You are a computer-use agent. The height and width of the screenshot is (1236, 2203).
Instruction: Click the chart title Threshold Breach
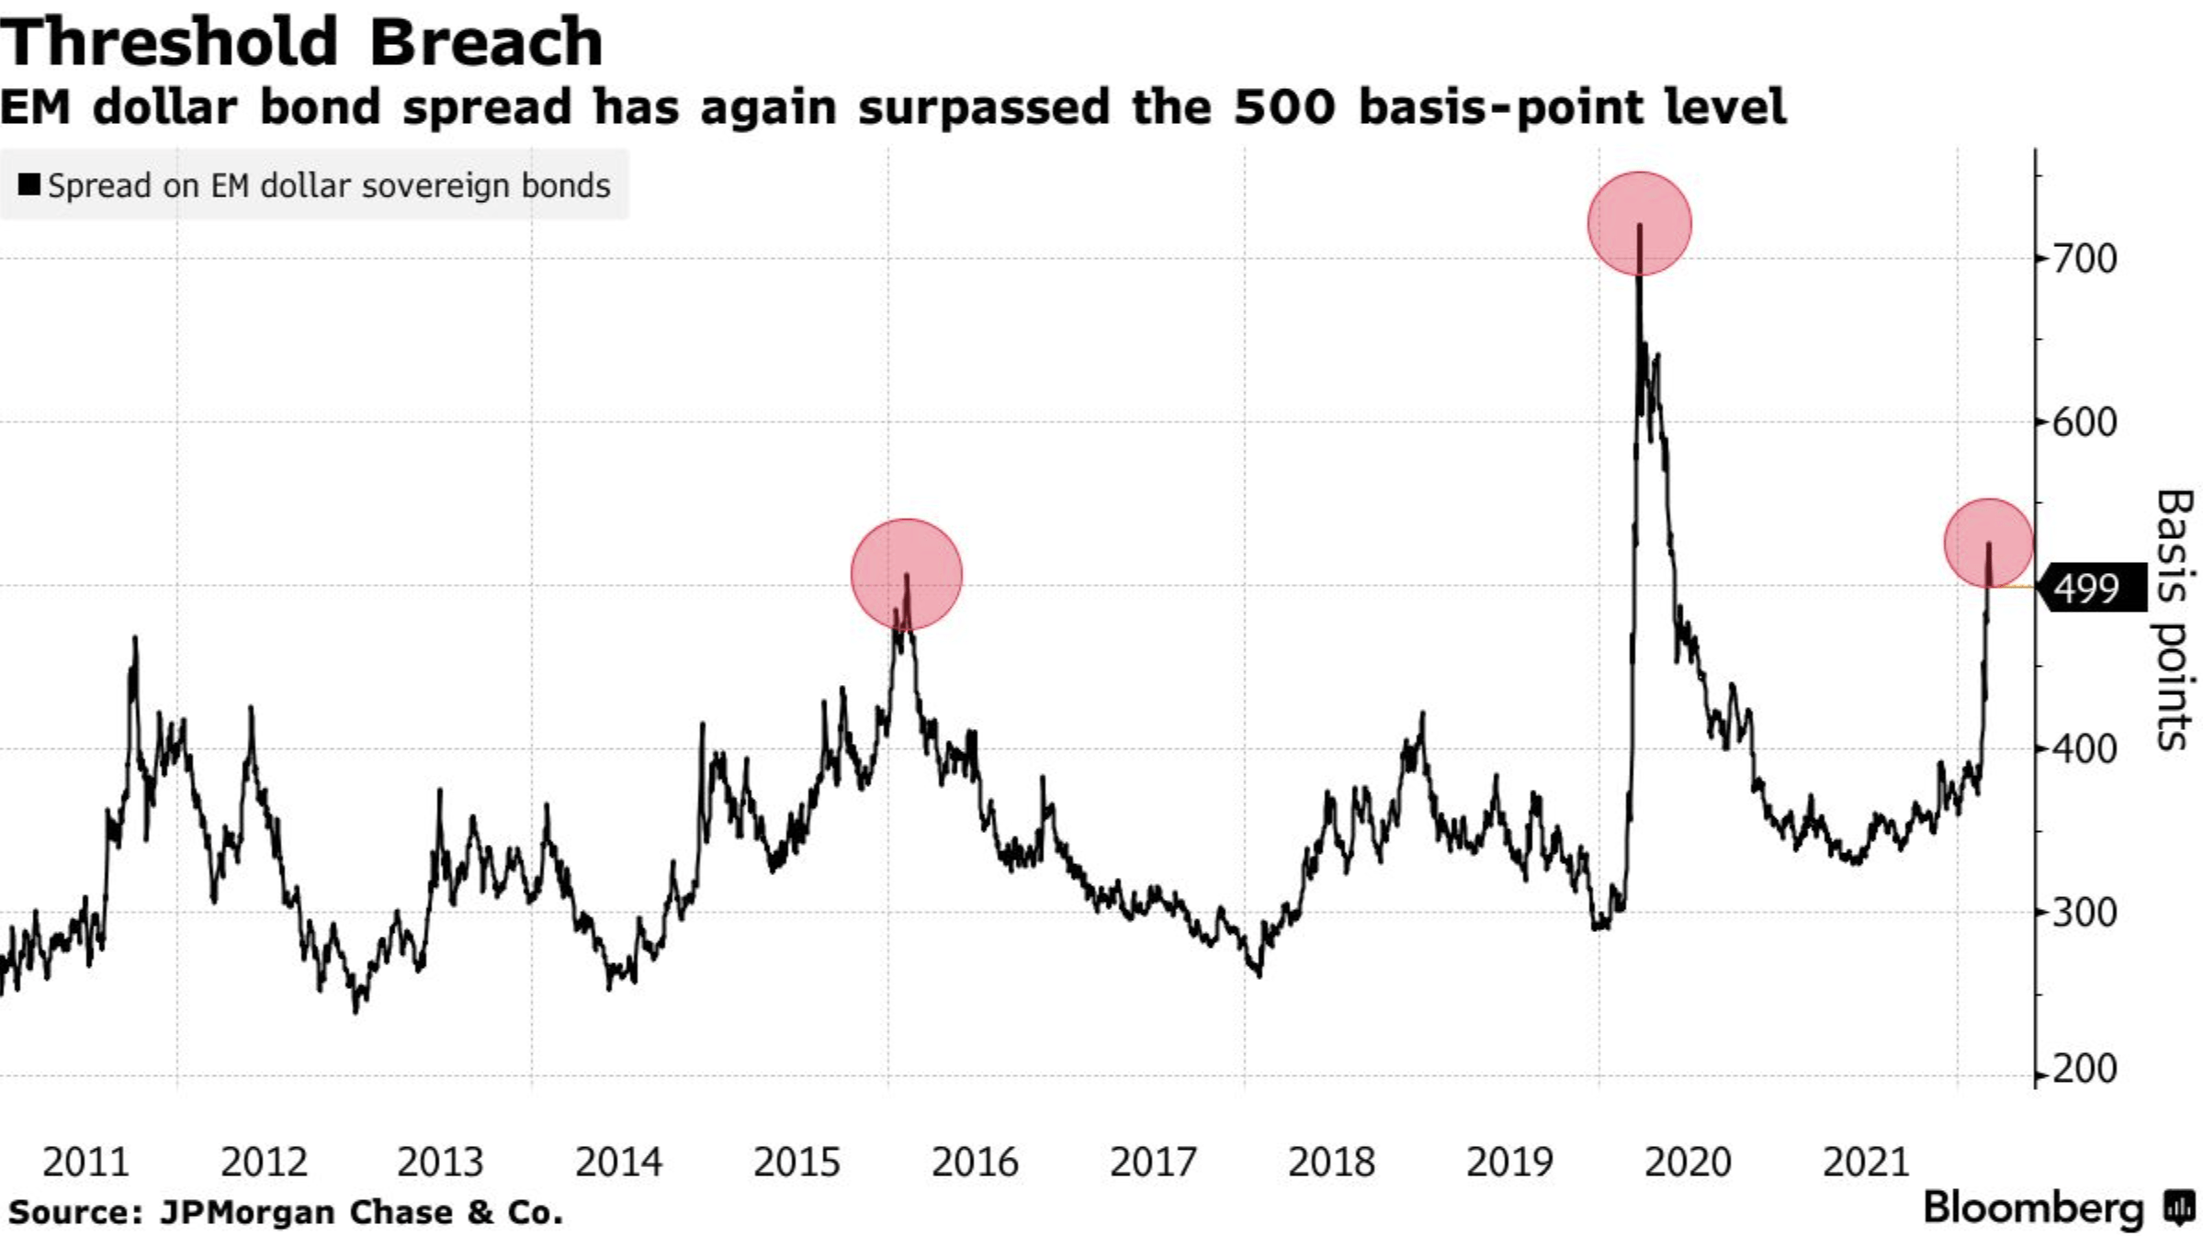point(301,43)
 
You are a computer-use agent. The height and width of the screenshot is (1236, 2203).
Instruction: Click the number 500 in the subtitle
point(1284,107)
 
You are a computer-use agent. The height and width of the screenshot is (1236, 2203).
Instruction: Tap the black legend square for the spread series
point(29,185)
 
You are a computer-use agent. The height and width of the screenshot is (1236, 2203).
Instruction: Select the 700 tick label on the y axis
point(2084,259)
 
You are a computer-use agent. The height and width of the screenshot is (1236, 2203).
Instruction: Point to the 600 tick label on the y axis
point(2084,422)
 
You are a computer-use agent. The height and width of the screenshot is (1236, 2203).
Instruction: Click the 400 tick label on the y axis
point(2084,749)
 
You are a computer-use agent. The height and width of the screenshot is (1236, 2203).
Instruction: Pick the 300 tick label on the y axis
point(2084,913)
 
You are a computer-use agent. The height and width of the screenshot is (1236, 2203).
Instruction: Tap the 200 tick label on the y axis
point(2084,1069)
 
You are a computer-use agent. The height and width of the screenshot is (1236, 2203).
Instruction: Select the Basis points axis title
point(2174,620)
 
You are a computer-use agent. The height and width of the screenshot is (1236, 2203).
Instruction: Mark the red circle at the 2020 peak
point(1639,223)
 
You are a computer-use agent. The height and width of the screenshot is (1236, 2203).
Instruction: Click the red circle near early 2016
point(907,575)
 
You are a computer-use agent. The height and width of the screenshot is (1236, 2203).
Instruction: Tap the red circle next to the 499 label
point(1988,544)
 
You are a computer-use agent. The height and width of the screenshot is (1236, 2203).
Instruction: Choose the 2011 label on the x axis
point(86,1163)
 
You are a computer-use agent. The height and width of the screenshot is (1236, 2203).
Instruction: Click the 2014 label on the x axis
point(618,1163)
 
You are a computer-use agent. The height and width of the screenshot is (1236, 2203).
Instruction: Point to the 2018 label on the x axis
point(1330,1163)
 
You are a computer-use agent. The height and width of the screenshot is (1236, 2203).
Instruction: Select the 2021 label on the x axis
point(1865,1163)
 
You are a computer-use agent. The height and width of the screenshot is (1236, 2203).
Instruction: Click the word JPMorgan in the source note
point(246,1212)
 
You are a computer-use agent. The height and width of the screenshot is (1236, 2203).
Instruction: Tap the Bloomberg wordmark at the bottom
point(2033,1208)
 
